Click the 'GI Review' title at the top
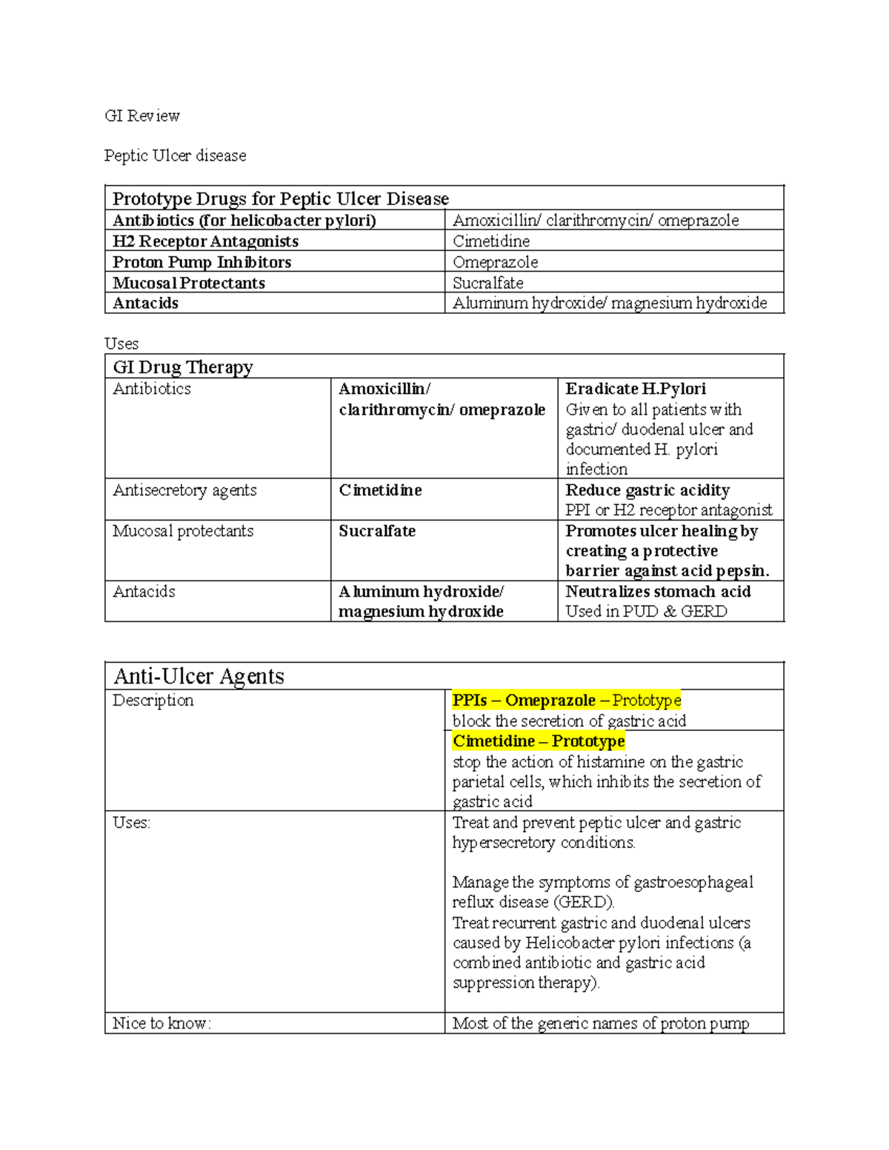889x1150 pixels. click(142, 116)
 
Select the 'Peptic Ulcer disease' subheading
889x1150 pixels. click(175, 156)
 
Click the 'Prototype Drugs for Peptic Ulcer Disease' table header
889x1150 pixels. click(280, 198)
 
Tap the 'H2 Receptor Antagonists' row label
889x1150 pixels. click(205, 241)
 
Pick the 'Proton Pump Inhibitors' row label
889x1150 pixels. click(202, 262)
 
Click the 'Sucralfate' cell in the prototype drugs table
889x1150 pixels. click(487, 283)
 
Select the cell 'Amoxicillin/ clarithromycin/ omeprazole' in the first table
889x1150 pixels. click(596, 221)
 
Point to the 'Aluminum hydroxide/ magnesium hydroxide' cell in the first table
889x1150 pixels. click(610, 303)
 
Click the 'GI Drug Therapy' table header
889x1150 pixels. click(182, 367)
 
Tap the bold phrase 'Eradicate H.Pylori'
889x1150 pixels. click(636, 389)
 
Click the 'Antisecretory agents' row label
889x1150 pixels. click(184, 490)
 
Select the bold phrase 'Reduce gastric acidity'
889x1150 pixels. click(647, 490)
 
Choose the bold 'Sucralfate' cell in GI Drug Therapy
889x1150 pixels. click(377, 531)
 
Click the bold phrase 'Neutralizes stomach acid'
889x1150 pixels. click(658, 592)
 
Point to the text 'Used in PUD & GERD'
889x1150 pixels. click(646, 612)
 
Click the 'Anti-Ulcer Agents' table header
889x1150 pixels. click(199, 676)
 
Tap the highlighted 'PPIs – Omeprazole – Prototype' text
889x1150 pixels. click(566, 701)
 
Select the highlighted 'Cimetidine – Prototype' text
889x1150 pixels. click(539, 741)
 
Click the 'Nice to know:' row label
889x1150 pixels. click(162, 1023)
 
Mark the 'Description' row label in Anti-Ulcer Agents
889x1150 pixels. click(153, 701)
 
